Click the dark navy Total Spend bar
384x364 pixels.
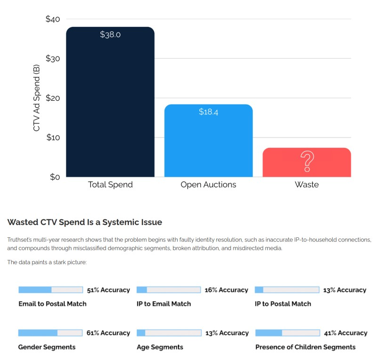click(110, 104)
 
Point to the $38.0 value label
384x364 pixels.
click(110, 34)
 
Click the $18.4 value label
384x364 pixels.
click(208, 112)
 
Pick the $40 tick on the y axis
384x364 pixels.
click(53, 19)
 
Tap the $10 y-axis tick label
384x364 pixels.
click(53, 138)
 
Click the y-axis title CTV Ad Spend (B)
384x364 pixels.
click(37, 97)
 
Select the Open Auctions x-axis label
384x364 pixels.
click(208, 185)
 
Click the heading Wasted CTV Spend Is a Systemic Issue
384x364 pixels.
click(85, 222)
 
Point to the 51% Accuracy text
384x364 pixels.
click(108, 290)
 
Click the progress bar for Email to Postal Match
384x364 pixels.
click(50, 290)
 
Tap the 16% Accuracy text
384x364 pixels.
click(226, 290)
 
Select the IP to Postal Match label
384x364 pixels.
click(282, 304)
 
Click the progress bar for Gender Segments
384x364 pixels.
click(50, 333)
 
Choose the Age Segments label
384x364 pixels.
click(160, 347)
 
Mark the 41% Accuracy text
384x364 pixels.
click(345, 333)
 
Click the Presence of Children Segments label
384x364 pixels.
click(305, 347)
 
